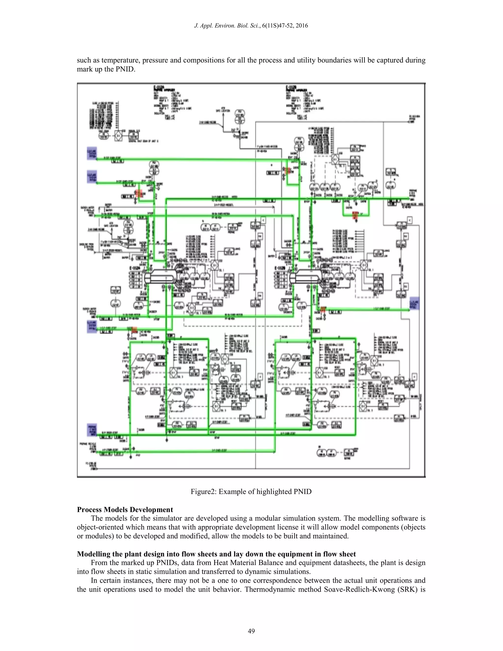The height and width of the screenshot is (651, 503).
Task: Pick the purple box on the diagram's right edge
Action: click(414, 303)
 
